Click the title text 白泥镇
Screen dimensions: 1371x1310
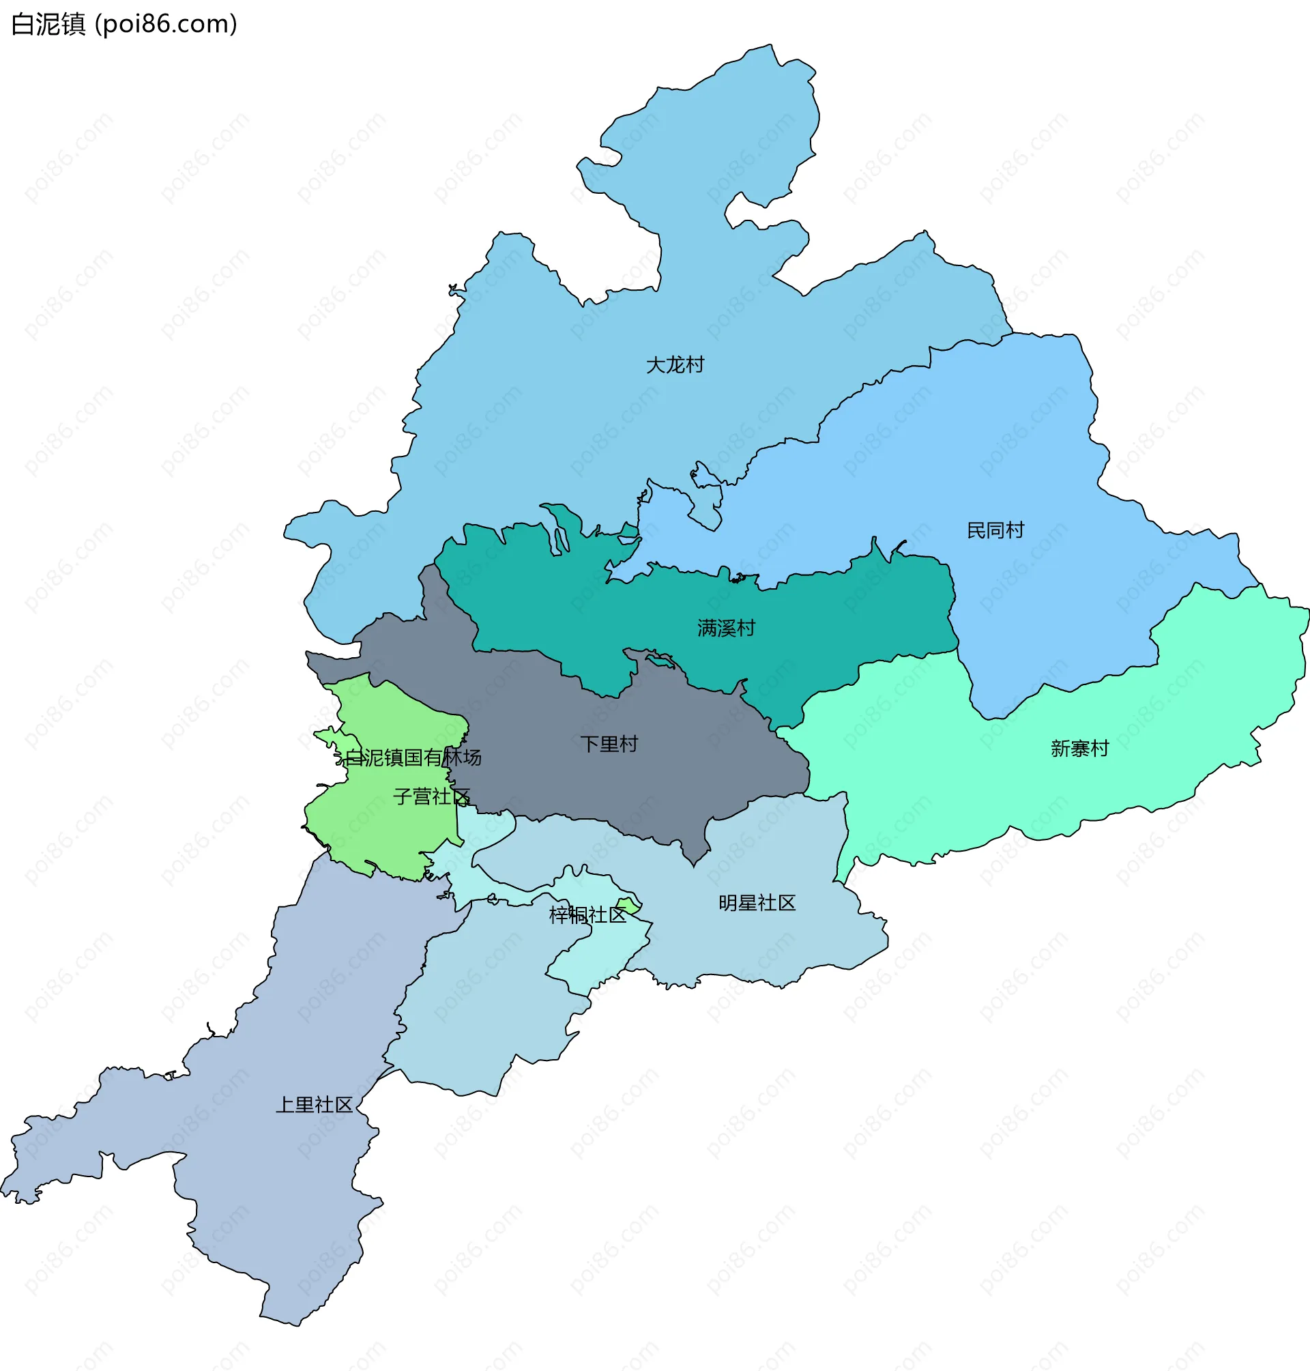click(48, 25)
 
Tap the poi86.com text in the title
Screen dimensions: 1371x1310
click(166, 25)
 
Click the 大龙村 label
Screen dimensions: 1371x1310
click(675, 364)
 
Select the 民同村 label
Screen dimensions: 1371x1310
click(995, 530)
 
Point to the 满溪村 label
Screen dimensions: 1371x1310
click(725, 628)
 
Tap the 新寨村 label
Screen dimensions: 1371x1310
click(1079, 749)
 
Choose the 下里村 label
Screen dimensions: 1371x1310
click(609, 744)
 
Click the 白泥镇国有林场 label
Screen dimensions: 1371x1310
click(413, 757)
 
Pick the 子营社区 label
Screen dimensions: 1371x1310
click(431, 796)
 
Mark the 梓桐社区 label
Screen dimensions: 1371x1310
click(587, 915)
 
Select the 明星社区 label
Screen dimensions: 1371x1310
click(757, 903)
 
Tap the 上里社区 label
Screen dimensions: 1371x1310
click(315, 1105)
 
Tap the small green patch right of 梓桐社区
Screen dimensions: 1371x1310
click(628, 906)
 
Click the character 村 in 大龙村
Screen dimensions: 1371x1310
click(695, 364)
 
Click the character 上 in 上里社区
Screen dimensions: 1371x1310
click(286, 1105)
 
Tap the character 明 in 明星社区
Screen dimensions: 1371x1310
click(728, 903)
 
